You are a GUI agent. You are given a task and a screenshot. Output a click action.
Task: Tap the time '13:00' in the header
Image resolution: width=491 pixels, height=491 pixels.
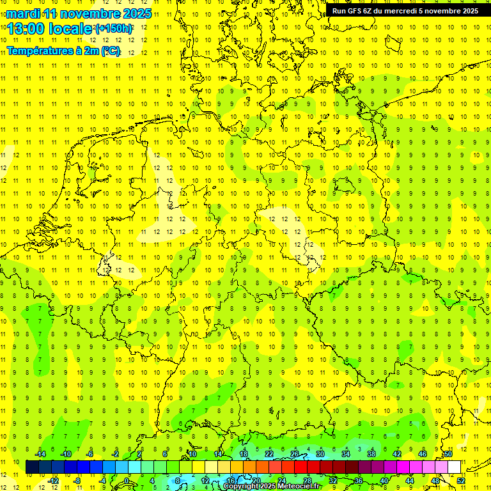tap(26, 29)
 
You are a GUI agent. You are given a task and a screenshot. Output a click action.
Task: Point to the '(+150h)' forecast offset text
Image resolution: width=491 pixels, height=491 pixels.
tap(114, 29)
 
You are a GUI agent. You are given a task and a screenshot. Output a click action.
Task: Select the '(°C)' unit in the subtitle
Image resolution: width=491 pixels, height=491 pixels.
tap(110, 51)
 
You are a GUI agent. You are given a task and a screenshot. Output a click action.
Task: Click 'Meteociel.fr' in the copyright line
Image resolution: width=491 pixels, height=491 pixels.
tap(298, 486)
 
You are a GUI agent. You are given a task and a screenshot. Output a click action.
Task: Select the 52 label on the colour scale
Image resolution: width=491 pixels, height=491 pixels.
tap(461, 481)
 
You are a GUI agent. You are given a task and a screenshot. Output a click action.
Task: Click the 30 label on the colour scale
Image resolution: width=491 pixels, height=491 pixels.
tap(320, 454)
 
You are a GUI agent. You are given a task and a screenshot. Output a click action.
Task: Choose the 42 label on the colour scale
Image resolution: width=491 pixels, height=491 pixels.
tap(396, 454)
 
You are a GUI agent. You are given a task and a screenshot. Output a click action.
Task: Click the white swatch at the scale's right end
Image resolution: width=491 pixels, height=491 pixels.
tap(454, 467)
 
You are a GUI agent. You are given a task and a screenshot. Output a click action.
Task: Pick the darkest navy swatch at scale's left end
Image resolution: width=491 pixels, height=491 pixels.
tap(32, 467)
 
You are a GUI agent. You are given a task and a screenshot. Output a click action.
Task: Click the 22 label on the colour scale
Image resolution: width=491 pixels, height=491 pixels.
tap(269, 454)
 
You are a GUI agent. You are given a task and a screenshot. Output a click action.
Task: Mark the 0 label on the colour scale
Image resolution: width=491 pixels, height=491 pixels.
tap(127, 481)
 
